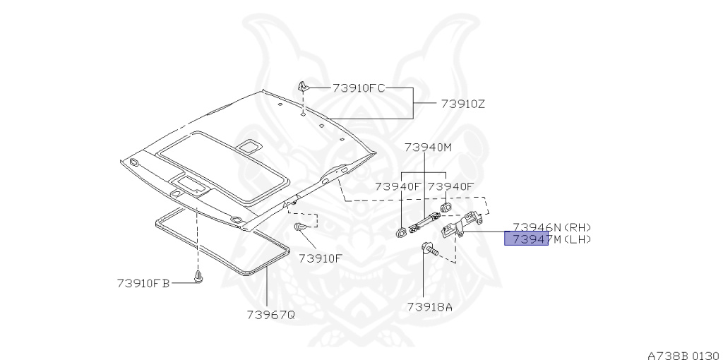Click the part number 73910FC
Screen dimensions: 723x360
tap(359, 88)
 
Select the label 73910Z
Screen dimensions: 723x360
tap(462, 104)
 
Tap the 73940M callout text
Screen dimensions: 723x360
tap(427, 148)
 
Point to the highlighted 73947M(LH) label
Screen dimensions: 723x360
tap(526, 239)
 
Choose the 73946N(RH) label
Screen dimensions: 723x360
tap(551, 227)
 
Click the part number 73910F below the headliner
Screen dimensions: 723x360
tap(320, 258)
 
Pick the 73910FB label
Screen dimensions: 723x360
tap(143, 284)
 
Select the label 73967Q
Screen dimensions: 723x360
tap(270, 314)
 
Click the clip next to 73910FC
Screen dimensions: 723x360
tap(304, 87)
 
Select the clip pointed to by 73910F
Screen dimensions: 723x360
tap(300, 227)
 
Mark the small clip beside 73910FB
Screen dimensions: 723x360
tap(198, 277)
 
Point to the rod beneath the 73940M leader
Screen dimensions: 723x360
tap(422, 223)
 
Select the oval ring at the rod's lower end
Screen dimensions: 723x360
tap(402, 230)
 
